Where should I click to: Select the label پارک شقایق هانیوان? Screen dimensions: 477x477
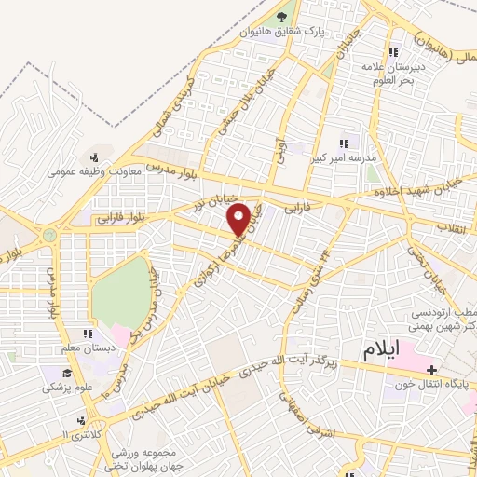pos(283,32)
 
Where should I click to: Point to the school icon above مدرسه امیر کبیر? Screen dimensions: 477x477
pos(343,144)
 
